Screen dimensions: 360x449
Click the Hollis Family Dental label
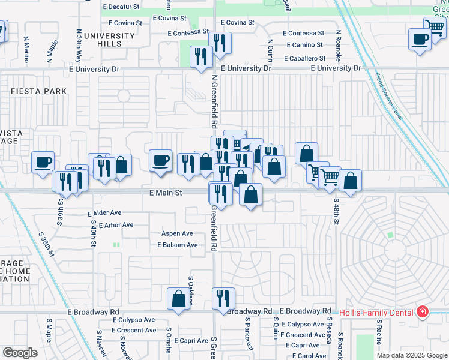(x=376, y=313)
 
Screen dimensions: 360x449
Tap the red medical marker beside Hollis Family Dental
(x=423, y=312)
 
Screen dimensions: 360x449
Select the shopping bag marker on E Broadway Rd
(x=178, y=299)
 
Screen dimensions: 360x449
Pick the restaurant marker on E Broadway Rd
(x=223, y=298)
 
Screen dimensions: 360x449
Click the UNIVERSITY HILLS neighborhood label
(x=110, y=40)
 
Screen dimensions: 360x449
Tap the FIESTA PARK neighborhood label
(x=38, y=91)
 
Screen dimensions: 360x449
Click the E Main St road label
(x=165, y=193)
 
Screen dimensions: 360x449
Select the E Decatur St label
(x=121, y=7)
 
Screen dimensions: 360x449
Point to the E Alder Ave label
(x=104, y=213)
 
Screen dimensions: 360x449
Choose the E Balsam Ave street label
(x=178, y=245)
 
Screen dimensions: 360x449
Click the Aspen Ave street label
(x=177, y=233)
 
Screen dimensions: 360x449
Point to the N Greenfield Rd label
(x=214, y=101)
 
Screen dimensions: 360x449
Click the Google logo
(x=20, y=353)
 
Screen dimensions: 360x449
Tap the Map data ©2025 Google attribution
(x=411, y=355)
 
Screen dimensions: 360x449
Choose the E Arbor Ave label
(x=110, y=225)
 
